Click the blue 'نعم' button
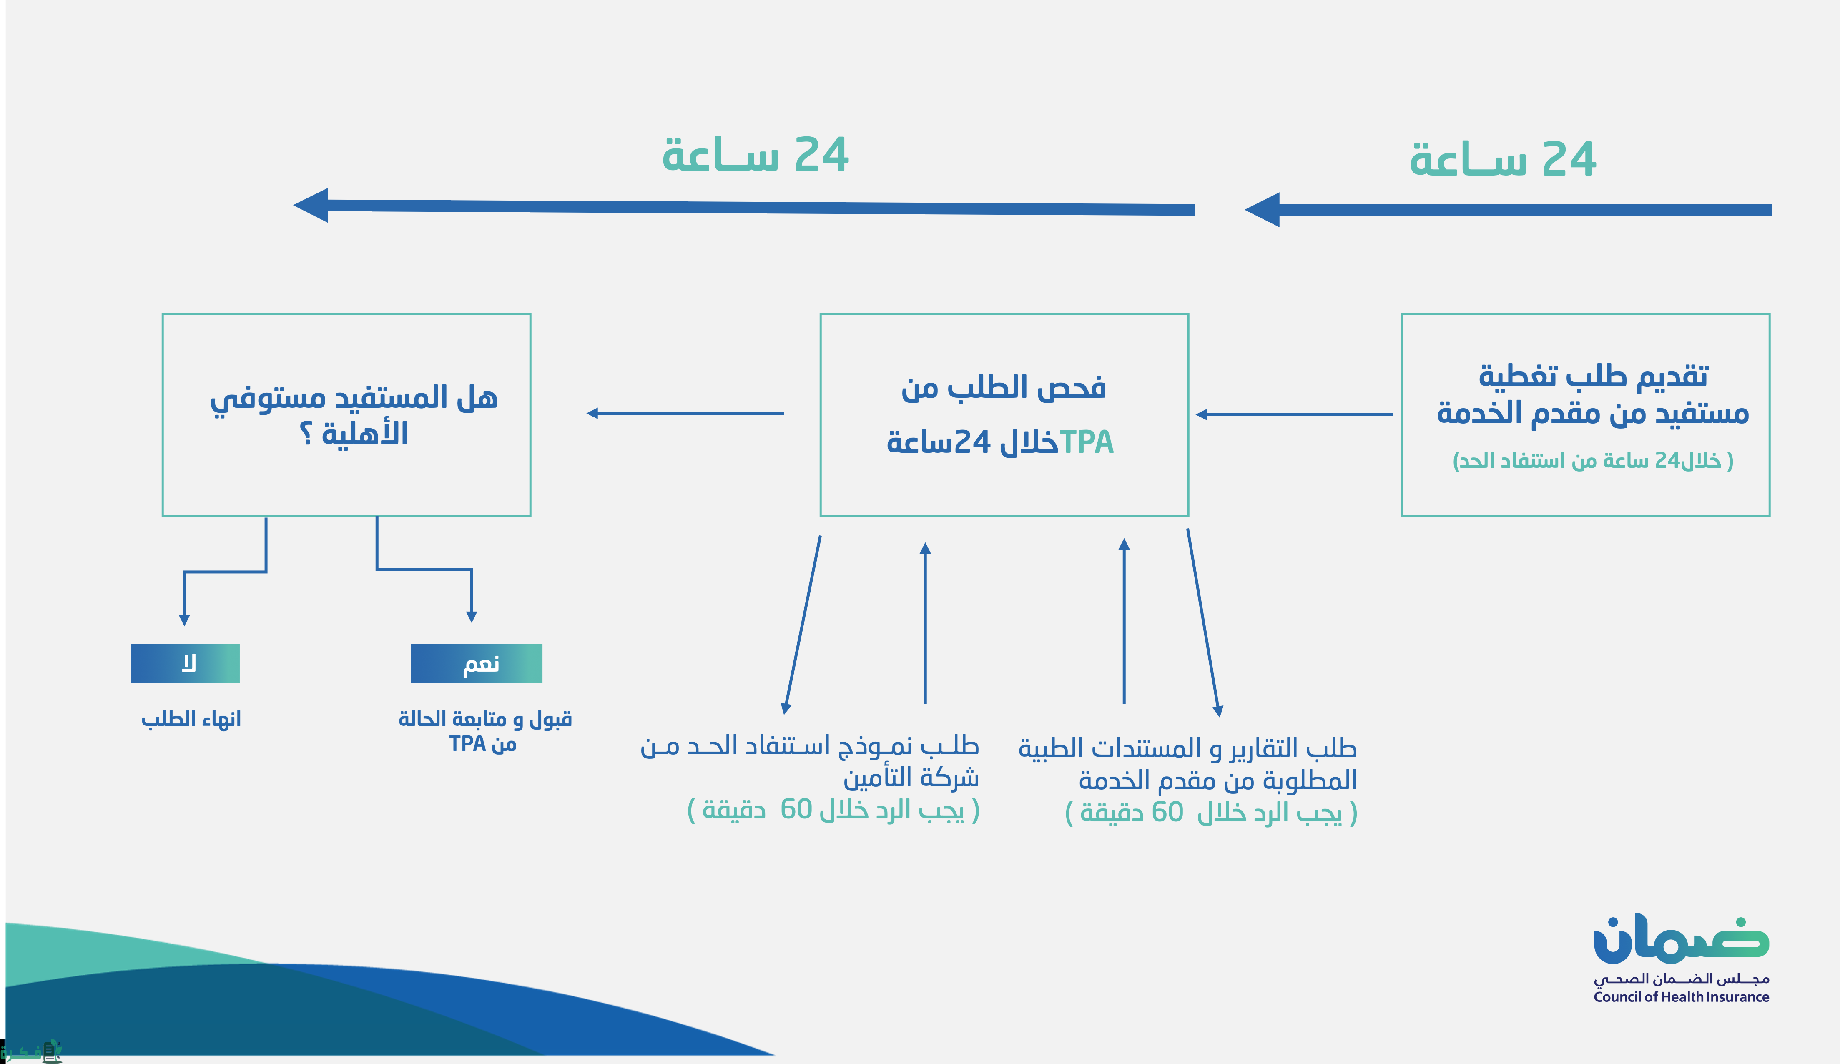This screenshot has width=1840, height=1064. click(x=476, y=663)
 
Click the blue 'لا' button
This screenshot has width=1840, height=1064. click(x=186, y=663)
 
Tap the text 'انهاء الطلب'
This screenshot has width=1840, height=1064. click(x=191, y=719)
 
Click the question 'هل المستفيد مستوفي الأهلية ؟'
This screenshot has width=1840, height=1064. click(x=354, y=415)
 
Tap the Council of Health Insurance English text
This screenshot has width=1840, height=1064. click(x=1681, y=997)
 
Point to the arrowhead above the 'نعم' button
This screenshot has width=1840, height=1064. click(x=472, y=617)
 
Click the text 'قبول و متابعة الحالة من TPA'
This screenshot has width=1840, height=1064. click(x=485, y=731)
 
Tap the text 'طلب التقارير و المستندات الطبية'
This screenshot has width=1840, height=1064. click(x=1187, y=748)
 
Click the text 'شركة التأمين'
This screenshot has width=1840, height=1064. click(x=911, y=778)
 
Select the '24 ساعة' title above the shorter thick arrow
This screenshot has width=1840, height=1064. click(x=1503, y=159)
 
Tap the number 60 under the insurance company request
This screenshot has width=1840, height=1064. click(x=796, y=810)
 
